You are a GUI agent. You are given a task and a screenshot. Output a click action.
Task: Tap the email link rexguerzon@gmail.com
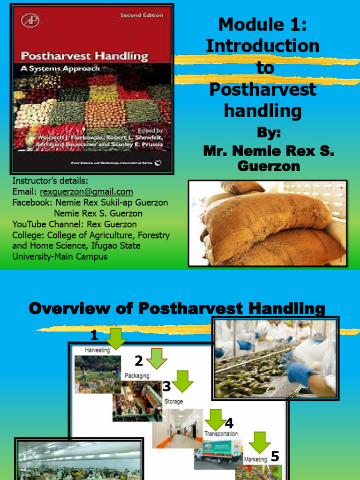click(86, 192)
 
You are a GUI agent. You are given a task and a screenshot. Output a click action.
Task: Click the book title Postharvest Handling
click(84, 57)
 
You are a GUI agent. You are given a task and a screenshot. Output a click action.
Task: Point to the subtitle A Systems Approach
click(60, 68)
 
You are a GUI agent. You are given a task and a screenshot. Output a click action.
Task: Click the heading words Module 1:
click(262, 24)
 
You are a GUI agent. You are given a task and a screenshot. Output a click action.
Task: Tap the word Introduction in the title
click(262, 46)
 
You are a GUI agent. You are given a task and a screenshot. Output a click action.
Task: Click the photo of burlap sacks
click(267, 223)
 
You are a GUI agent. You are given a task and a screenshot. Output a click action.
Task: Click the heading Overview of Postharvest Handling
click(177, 308)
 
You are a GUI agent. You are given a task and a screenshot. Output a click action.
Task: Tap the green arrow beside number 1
click(116, 338)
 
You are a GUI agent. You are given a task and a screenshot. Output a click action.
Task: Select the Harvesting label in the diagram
click(97, 350)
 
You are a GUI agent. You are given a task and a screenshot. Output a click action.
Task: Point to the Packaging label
click(137, 375)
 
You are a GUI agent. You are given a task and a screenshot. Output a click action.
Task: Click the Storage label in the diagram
click(173, 401)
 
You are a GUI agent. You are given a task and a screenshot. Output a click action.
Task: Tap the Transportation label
click(221, 434)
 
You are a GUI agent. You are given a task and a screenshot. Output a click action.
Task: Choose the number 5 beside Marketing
click(275, 456)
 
